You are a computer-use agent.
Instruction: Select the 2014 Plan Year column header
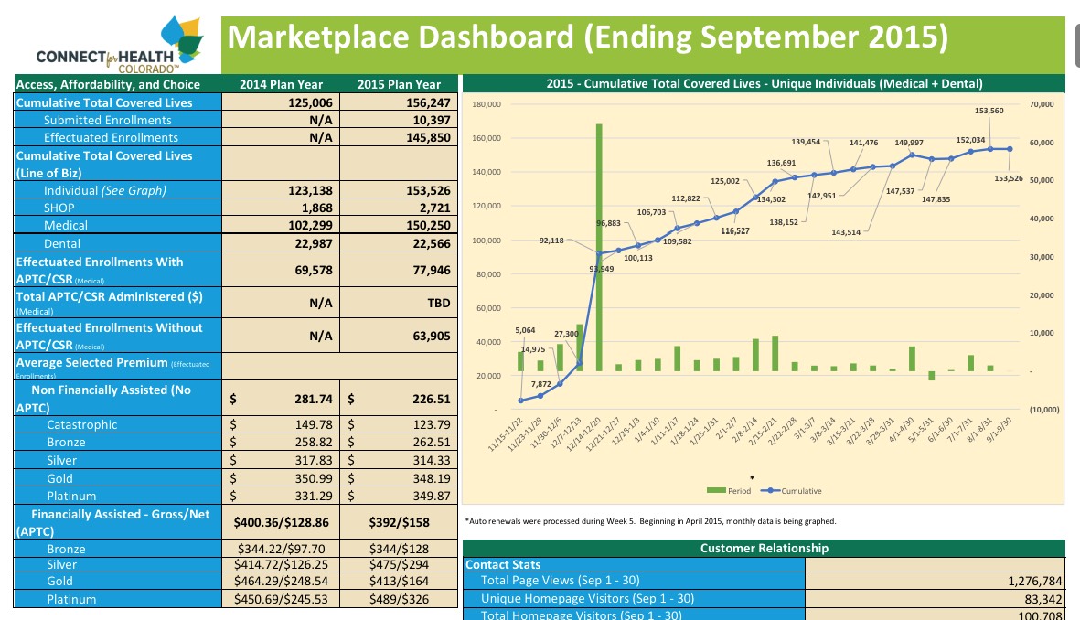pos(281,85)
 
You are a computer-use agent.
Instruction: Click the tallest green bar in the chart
pos(599,247)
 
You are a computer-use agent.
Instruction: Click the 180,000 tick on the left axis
pos(487,105)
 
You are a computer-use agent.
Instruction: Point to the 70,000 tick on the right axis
pos(1042,105)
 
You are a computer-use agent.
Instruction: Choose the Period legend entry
pos(732,491)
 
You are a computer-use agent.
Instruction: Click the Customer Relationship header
pos(764,548)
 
